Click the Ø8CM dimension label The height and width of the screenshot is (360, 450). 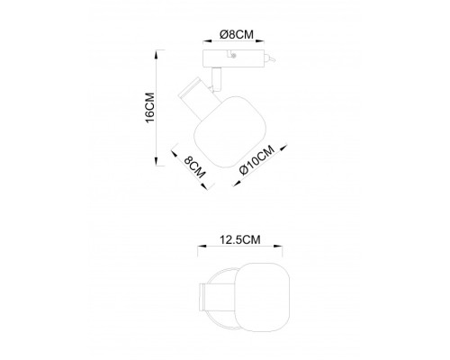[x=237, y=34]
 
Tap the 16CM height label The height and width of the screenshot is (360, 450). [x=149, y=107]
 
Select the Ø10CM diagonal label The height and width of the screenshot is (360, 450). [x=257, y=159]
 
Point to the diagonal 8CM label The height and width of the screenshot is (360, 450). [x=194, y=167]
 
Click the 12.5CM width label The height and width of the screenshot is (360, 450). [x=240, y=239]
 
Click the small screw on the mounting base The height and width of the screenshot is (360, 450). [x=234, y=56]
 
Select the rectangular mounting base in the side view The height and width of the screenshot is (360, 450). [x=233, y=58]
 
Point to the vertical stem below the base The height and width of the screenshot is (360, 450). [x=216, y=78]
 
